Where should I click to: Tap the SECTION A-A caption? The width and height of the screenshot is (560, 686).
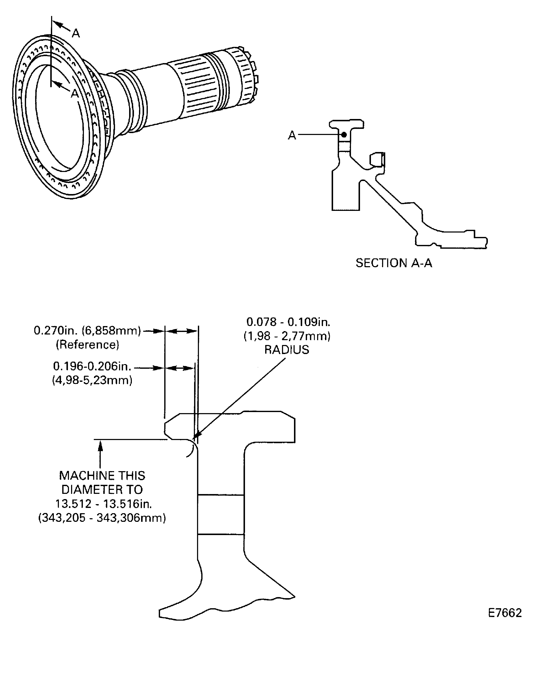(x=393, y=263)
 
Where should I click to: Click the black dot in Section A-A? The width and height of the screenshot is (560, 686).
(x=344, y=135)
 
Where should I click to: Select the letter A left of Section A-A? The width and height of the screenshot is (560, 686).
(x=292, y=135)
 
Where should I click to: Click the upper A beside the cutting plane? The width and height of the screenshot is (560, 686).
(x=76, y=33)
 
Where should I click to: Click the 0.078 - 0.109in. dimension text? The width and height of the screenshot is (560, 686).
(x=288, y=322)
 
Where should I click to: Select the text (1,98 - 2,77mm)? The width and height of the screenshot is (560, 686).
(x=287, y=336)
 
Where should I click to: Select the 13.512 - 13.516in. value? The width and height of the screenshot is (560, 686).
(x=103, y=504)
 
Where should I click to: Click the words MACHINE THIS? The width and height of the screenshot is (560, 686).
(x=102, y=476)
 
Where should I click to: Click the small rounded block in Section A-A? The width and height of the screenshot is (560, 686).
(x=377, y=159)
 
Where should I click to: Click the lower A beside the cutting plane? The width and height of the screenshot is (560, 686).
(x=74, y=93)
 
